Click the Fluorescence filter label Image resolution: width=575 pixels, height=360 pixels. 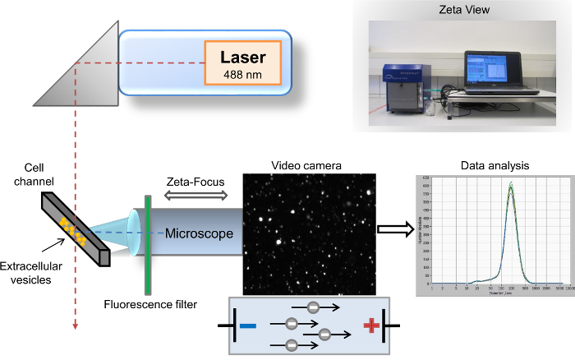151,305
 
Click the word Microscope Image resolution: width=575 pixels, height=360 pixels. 199,233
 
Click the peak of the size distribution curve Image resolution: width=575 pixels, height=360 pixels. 511,187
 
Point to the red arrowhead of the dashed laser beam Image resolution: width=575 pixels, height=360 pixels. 76,326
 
